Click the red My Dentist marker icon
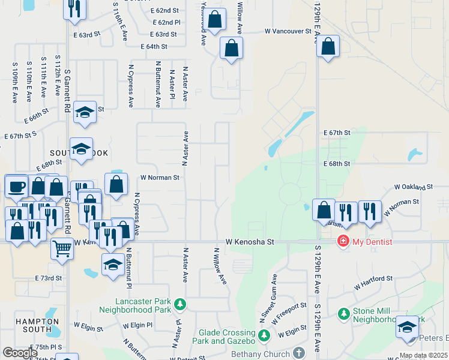pos(343,242)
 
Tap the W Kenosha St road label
pos(250,242)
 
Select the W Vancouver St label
pos(288,31)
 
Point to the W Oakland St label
pos(413,187)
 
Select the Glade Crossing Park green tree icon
pos(264,335)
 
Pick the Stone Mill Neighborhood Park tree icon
pos(343,313)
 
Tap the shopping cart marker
pos(62,248)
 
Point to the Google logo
pos(19,353)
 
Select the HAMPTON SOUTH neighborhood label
pos(34,325)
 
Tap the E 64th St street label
pos(154,46)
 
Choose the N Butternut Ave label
pos(158,84)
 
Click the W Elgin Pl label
pos(137,325)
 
